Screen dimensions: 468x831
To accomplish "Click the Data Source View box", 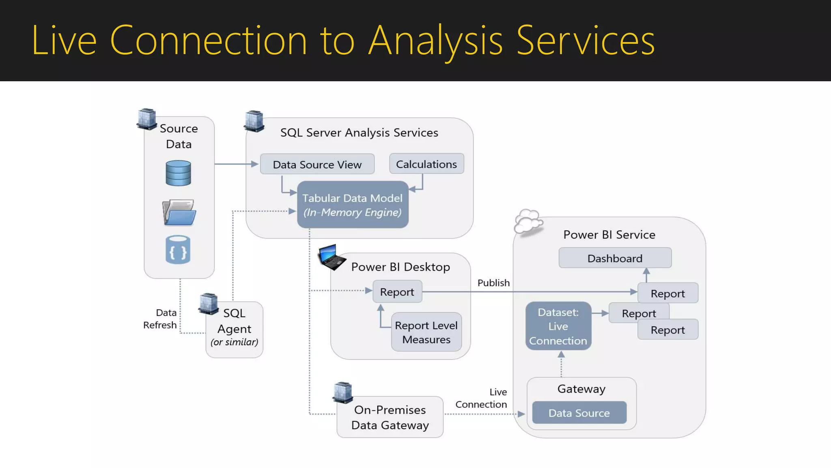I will pos(317,164).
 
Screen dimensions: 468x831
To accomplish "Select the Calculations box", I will pos(426,164).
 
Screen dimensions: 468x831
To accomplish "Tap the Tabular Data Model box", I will pos(352,204).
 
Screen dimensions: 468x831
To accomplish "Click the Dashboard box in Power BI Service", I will pos(615,258).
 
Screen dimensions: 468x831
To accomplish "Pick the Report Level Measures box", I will pos(426,332).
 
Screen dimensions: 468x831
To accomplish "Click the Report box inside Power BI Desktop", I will pos(397,292).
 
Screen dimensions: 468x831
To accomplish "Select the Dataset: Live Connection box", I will pos(558,326).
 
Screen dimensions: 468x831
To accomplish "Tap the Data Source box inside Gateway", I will pos(579,413).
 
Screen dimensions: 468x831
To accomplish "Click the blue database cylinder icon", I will pos(178,173).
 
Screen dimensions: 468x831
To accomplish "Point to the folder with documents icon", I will pos(179,212).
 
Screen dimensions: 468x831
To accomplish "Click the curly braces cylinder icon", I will pos(178,250).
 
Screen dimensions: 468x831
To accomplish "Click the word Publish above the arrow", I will pos(493,283).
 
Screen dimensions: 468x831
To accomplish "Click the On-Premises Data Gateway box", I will pos(390,417).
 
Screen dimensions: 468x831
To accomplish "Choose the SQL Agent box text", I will pos(234,327).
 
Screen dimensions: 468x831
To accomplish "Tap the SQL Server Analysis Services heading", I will pos(359,132).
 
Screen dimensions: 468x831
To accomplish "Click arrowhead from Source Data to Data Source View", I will pos(255,164).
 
